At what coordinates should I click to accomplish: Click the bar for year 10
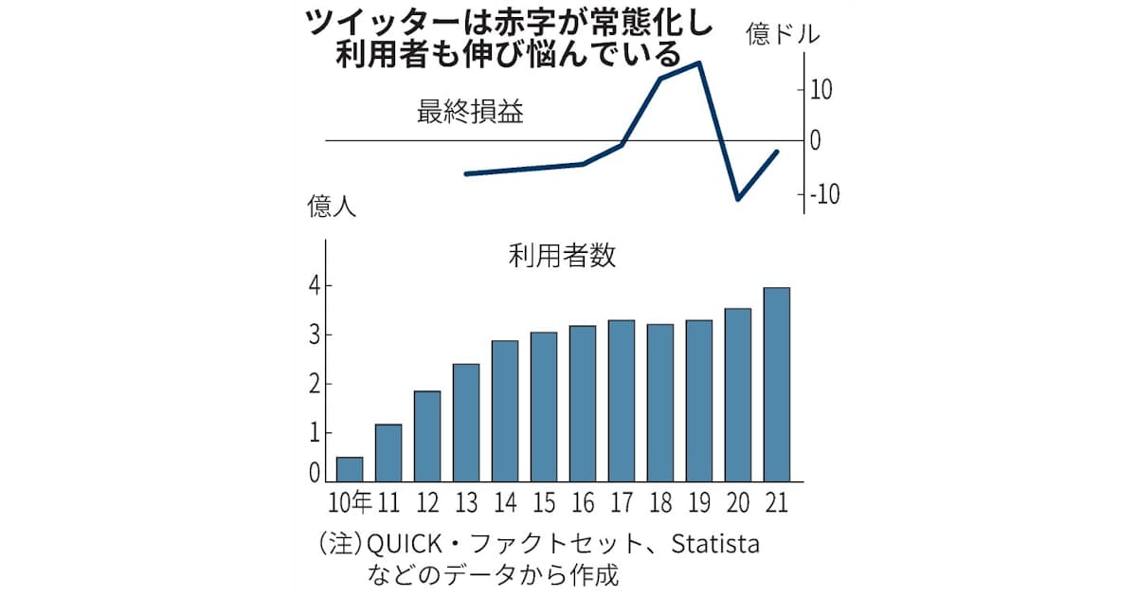coord(350,470)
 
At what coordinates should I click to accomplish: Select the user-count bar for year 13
coord(466,423)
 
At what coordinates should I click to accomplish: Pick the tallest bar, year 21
coord(777,385)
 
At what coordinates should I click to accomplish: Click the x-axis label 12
coord(426,500)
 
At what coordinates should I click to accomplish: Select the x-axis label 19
coord(699,500)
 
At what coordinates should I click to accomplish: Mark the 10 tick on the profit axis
coord(821,91)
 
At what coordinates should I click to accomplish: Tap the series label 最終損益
coord(471,114)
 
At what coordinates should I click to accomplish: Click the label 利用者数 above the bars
coord(562,256)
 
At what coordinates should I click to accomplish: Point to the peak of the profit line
coord(699,63)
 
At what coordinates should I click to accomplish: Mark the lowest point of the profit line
coord(738,199)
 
